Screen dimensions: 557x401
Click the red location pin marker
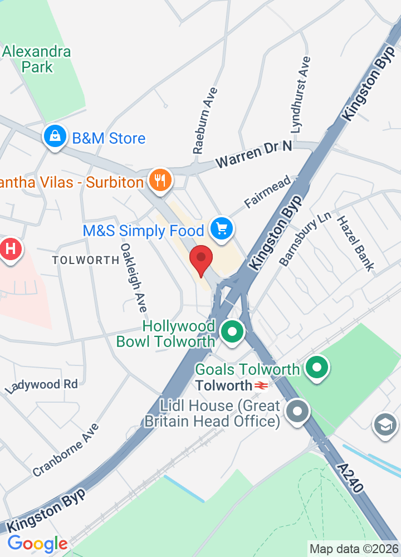pyautogui.click(x=201, y=260)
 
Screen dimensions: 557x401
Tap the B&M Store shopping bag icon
pyautogui.click(x=55, y=137)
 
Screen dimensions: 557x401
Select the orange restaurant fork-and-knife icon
pyautogui.click(x=160, y=180)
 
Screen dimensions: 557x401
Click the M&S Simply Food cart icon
pyautogui.click(x=222, y=229)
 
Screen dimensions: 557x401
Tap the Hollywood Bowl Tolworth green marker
pyautogui.click(x=232, y=333)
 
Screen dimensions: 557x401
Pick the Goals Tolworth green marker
pyautogui.click(x=317, y=368)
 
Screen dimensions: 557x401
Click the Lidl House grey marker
pyautogui.click(x=297, y=413)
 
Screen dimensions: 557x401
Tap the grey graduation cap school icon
pyautogui.click(x=385, y=424)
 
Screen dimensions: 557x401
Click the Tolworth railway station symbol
pyautogui.click(x=262, y=385)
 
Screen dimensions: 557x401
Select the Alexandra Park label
pyautogui.click(x=37, y=60)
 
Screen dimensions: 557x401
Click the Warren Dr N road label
pyautogui.click(x=254, y=154)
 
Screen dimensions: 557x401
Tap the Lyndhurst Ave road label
pyautogui.click(x=301, y=94)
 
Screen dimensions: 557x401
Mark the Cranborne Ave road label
pyautogui.click(x=66, y=449)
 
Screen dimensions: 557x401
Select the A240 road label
pyautogui.click(x=349, y=477)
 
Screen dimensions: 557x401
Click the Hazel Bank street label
pyautogui.click(x=355, y=243)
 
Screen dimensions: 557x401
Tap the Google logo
pyautogui.click(x=37, y=544)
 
